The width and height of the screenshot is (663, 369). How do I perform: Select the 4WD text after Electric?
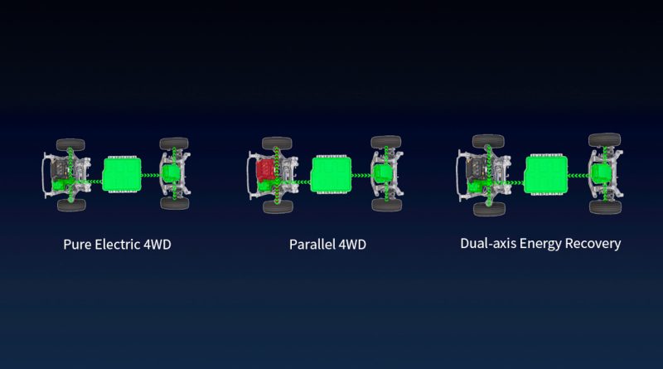[x=157, y=245]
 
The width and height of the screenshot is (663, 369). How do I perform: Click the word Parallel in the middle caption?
[x=312, y=245]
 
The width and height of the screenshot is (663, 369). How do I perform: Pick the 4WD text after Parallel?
[x=352, y=245]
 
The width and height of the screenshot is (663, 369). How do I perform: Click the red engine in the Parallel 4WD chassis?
[x=265, y=171]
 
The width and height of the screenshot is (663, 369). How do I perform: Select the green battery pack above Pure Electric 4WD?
[x=122, y=174]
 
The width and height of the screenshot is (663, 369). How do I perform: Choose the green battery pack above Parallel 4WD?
[x=331, y=174]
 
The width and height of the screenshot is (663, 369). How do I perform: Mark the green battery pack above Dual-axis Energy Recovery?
[x=546, y=174]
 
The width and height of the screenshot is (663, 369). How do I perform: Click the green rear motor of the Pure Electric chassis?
[x=171, y=173]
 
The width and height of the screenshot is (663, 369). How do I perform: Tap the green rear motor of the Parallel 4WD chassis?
[x=383, y=173]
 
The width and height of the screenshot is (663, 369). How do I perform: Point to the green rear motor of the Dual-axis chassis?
[x=602, y=173]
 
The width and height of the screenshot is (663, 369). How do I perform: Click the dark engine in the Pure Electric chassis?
[x=59, y=169]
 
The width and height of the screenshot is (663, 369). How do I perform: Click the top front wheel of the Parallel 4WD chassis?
[x=277, y=143]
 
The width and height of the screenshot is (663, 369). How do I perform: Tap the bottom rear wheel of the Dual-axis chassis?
[x=605, y=207]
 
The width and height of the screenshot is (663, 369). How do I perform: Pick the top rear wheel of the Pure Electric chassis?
[x=174, y=143]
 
